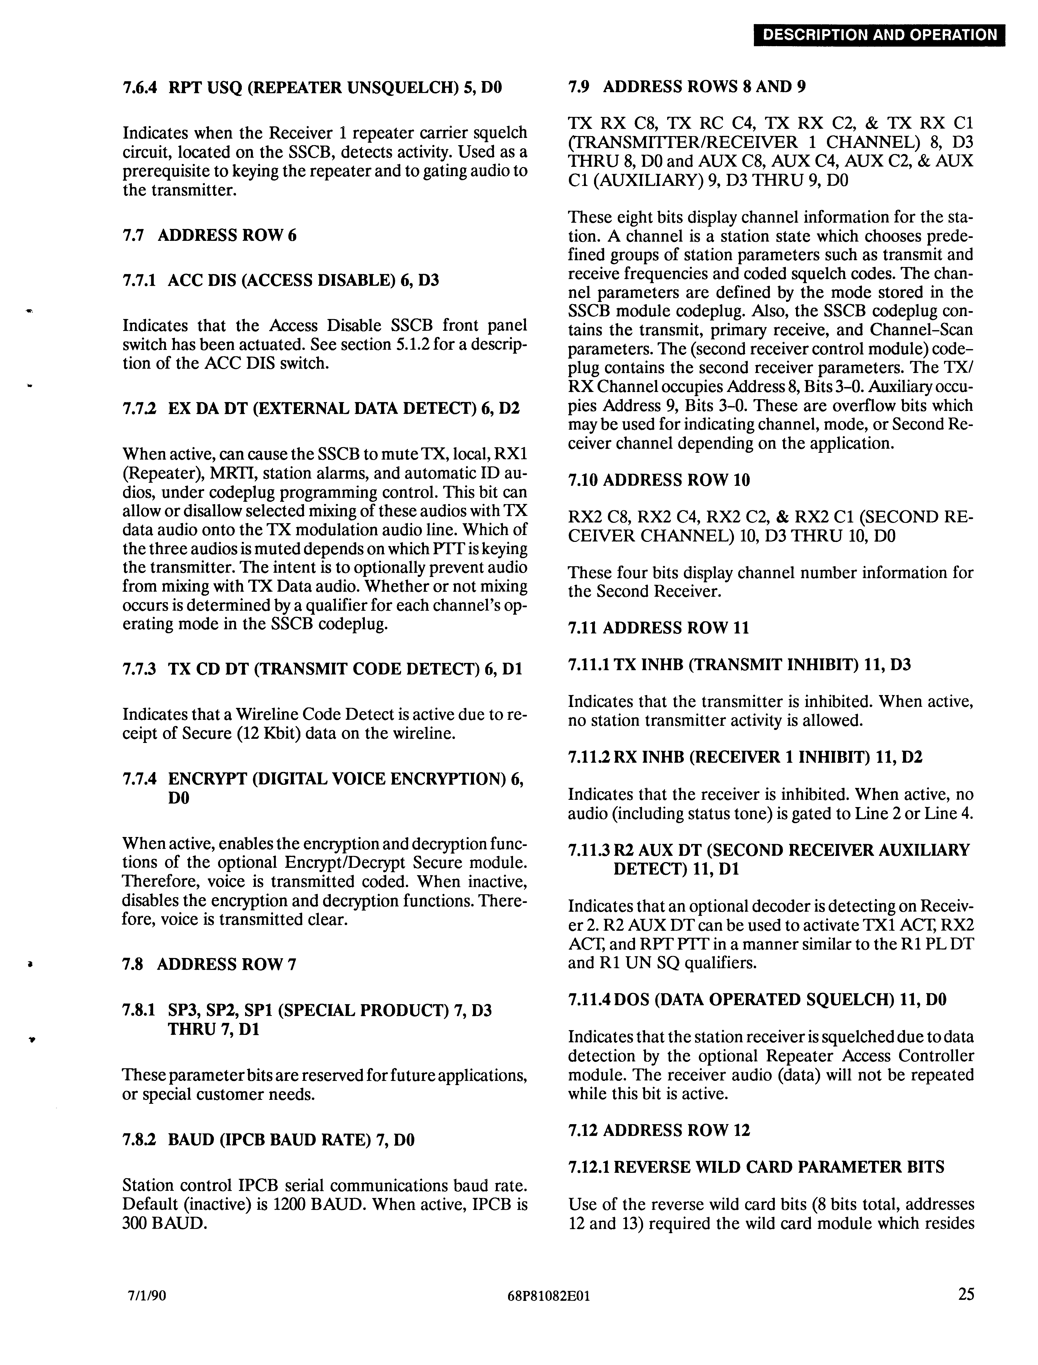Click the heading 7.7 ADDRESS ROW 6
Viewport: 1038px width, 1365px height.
(209, 235)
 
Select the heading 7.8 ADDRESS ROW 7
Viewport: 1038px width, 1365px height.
(209, 964)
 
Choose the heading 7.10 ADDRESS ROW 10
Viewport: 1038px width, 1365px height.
(659, 480)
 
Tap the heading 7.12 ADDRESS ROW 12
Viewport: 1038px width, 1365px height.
(659, 1130)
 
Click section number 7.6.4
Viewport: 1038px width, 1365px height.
(140, 87)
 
